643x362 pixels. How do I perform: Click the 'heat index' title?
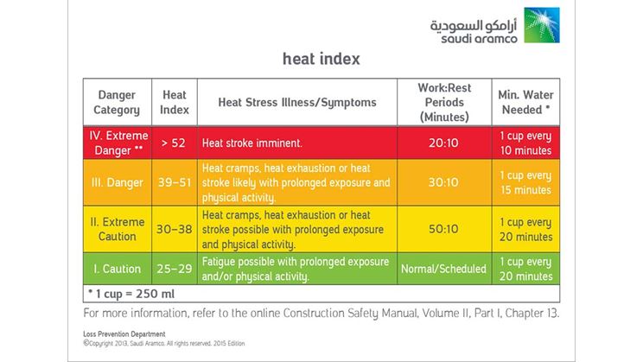pyautogui.click(x=321, y=60)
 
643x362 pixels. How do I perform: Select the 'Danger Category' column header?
pyautogui.click(x=118, y=102)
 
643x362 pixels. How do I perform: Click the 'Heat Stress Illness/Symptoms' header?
pyautogui.click(x=296, y=102)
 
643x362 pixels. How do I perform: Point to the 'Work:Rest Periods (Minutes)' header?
pyautogui.click(x=443, y=102)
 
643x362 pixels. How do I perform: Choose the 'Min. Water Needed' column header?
pyautogui.click(x=526, y=102)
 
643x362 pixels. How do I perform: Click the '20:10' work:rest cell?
pyautogui.click(x=443, y=142)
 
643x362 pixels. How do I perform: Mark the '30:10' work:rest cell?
pyautogui.click(x=443, y=182)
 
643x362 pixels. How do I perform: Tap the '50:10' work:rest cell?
pyautogui.click(x=443, y=229)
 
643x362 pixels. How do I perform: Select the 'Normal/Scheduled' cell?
pyautogui.click(x=443, y=269)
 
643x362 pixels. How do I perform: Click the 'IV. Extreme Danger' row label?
pyautogui.click(x=118, y=142)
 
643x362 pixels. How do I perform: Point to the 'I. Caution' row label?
pyautogui.click(x=118, y=269)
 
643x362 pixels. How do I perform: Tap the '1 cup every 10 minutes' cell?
pyautogui.click(x=526, y=142)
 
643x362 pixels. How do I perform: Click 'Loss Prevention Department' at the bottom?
pyautogui.click(x=118, y=333)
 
